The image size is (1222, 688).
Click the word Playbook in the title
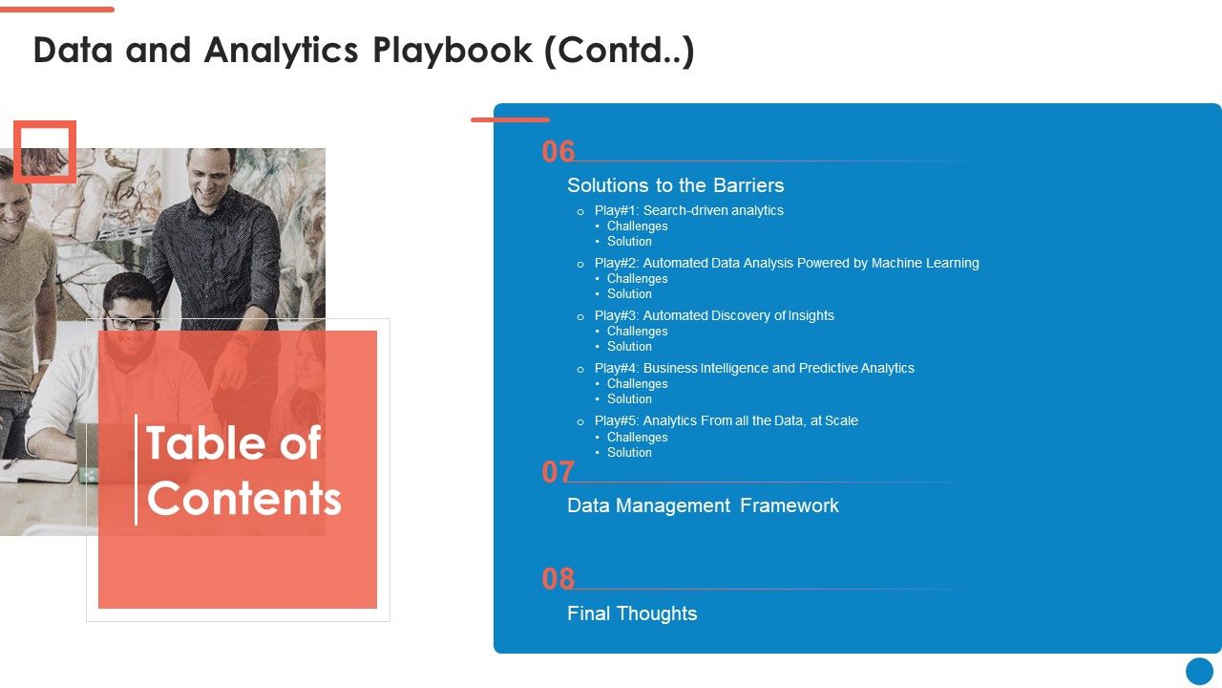453,51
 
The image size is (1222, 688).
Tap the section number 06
558,152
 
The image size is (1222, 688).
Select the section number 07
558,472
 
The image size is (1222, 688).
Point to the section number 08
558,579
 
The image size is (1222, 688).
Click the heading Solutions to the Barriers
675,185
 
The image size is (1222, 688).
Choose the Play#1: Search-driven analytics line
688,210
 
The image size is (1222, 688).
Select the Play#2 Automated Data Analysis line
786,263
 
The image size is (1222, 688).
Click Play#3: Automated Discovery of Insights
714,315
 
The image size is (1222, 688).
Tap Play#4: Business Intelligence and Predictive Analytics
754,368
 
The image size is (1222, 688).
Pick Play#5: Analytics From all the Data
726,420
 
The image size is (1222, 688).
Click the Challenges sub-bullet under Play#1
637,226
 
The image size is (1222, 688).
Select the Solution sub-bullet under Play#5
629,453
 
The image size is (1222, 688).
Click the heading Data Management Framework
703,505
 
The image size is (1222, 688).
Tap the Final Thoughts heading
632,613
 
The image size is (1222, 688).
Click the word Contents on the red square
244,499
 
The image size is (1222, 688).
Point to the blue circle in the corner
1199,671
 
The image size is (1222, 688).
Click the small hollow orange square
44,151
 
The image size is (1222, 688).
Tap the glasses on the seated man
131,323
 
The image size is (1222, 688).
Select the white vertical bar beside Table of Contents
136,469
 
